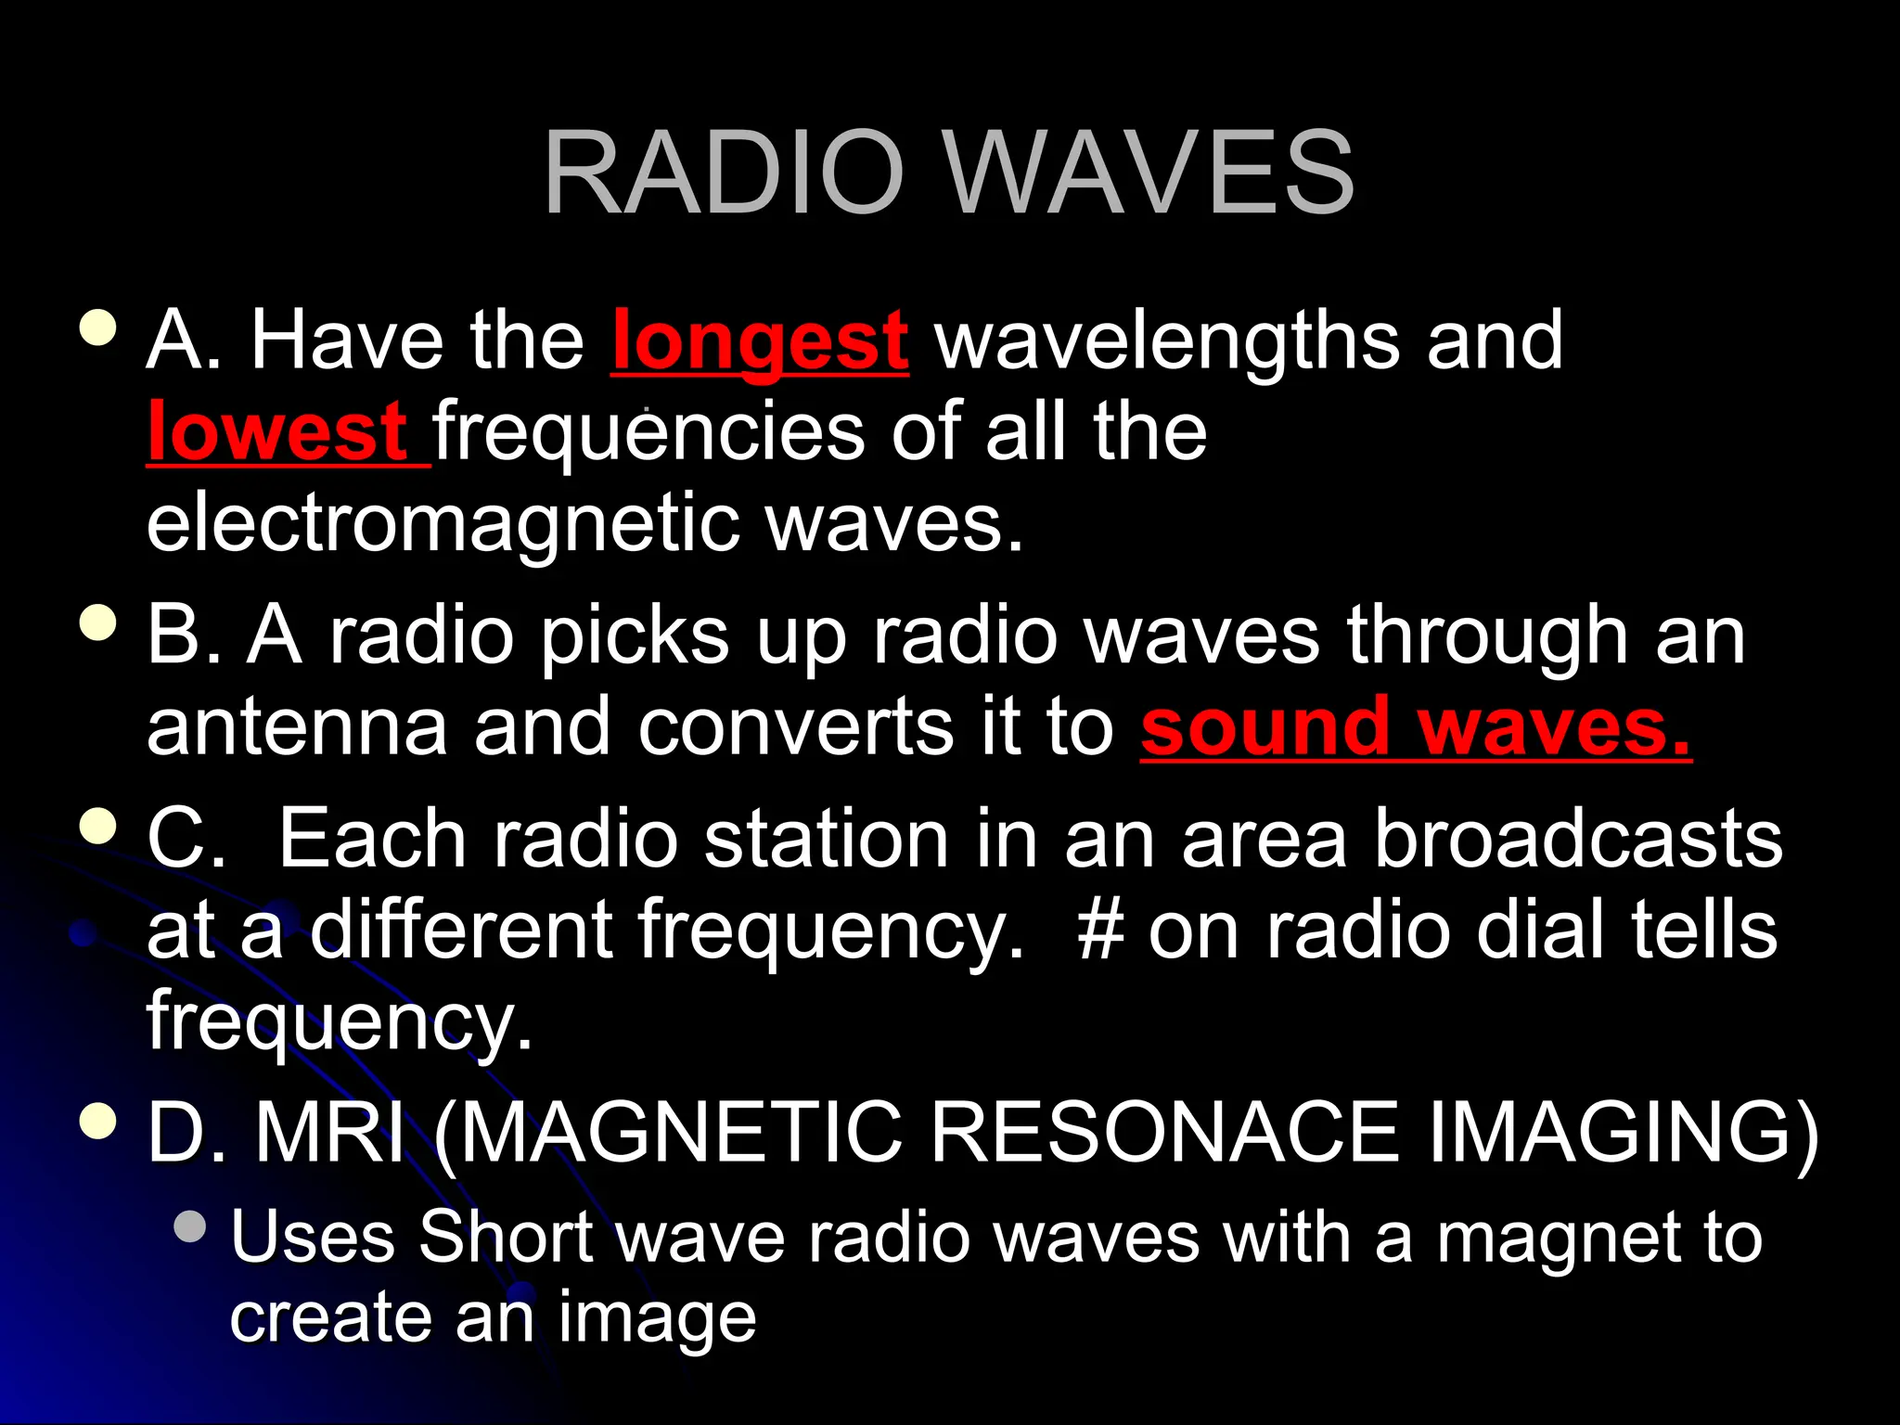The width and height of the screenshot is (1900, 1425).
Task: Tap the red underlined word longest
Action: tap(760, 341)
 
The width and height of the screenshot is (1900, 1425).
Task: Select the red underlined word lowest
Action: tap(276, 432)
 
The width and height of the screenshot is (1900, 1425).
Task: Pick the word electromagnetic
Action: tap(443, 523)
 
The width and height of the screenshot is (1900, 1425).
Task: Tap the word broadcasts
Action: tap(1577, 839)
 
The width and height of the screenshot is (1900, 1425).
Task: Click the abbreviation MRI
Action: tap(330, 1133)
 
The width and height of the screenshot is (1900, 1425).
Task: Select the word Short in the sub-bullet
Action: tap(506, 1238)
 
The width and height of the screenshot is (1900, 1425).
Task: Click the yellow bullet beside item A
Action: tap(98, 327)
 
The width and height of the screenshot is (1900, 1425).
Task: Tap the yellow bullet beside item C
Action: tap(98, 825)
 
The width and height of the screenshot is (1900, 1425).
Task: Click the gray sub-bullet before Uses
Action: tap(190, 1226)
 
